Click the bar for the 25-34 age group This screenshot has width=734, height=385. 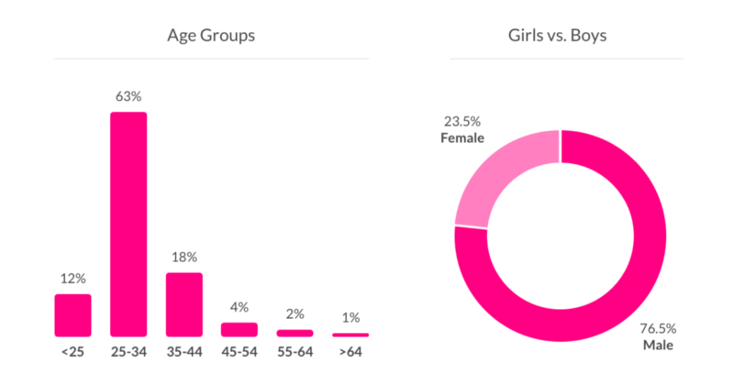(128, 224)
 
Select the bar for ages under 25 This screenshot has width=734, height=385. (72, 315)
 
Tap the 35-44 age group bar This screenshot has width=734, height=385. (183, 304)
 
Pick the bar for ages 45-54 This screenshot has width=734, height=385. (239, 329)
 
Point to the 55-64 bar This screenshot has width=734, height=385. (295, 333)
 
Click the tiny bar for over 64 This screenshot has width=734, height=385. (350, 335)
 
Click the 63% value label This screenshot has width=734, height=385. (128, 94)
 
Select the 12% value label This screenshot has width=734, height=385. (72, 278)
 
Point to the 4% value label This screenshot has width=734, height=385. (239, 307)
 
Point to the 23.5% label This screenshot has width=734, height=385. (462, 121)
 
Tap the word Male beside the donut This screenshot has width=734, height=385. (658, 346)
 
